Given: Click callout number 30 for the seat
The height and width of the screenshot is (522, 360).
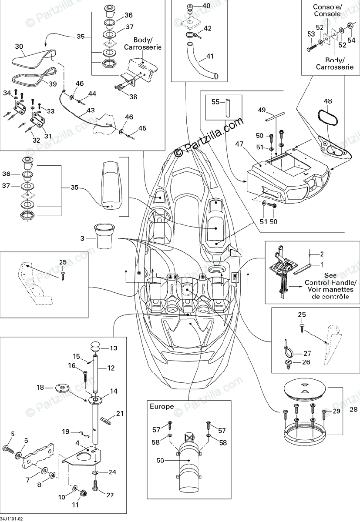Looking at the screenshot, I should point(18,46).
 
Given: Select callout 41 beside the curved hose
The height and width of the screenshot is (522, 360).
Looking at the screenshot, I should point(210,56).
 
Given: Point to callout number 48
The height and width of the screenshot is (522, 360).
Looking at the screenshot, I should point(327,101).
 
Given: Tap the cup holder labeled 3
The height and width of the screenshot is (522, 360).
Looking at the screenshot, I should point(104,237).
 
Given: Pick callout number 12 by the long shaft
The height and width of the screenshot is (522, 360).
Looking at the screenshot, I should point(111,368).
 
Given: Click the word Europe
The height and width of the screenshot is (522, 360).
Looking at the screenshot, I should point(161,407).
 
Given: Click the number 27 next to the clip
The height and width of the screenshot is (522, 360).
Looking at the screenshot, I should point(307,353).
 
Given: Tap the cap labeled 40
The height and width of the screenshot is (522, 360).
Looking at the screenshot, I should point(190,7).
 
